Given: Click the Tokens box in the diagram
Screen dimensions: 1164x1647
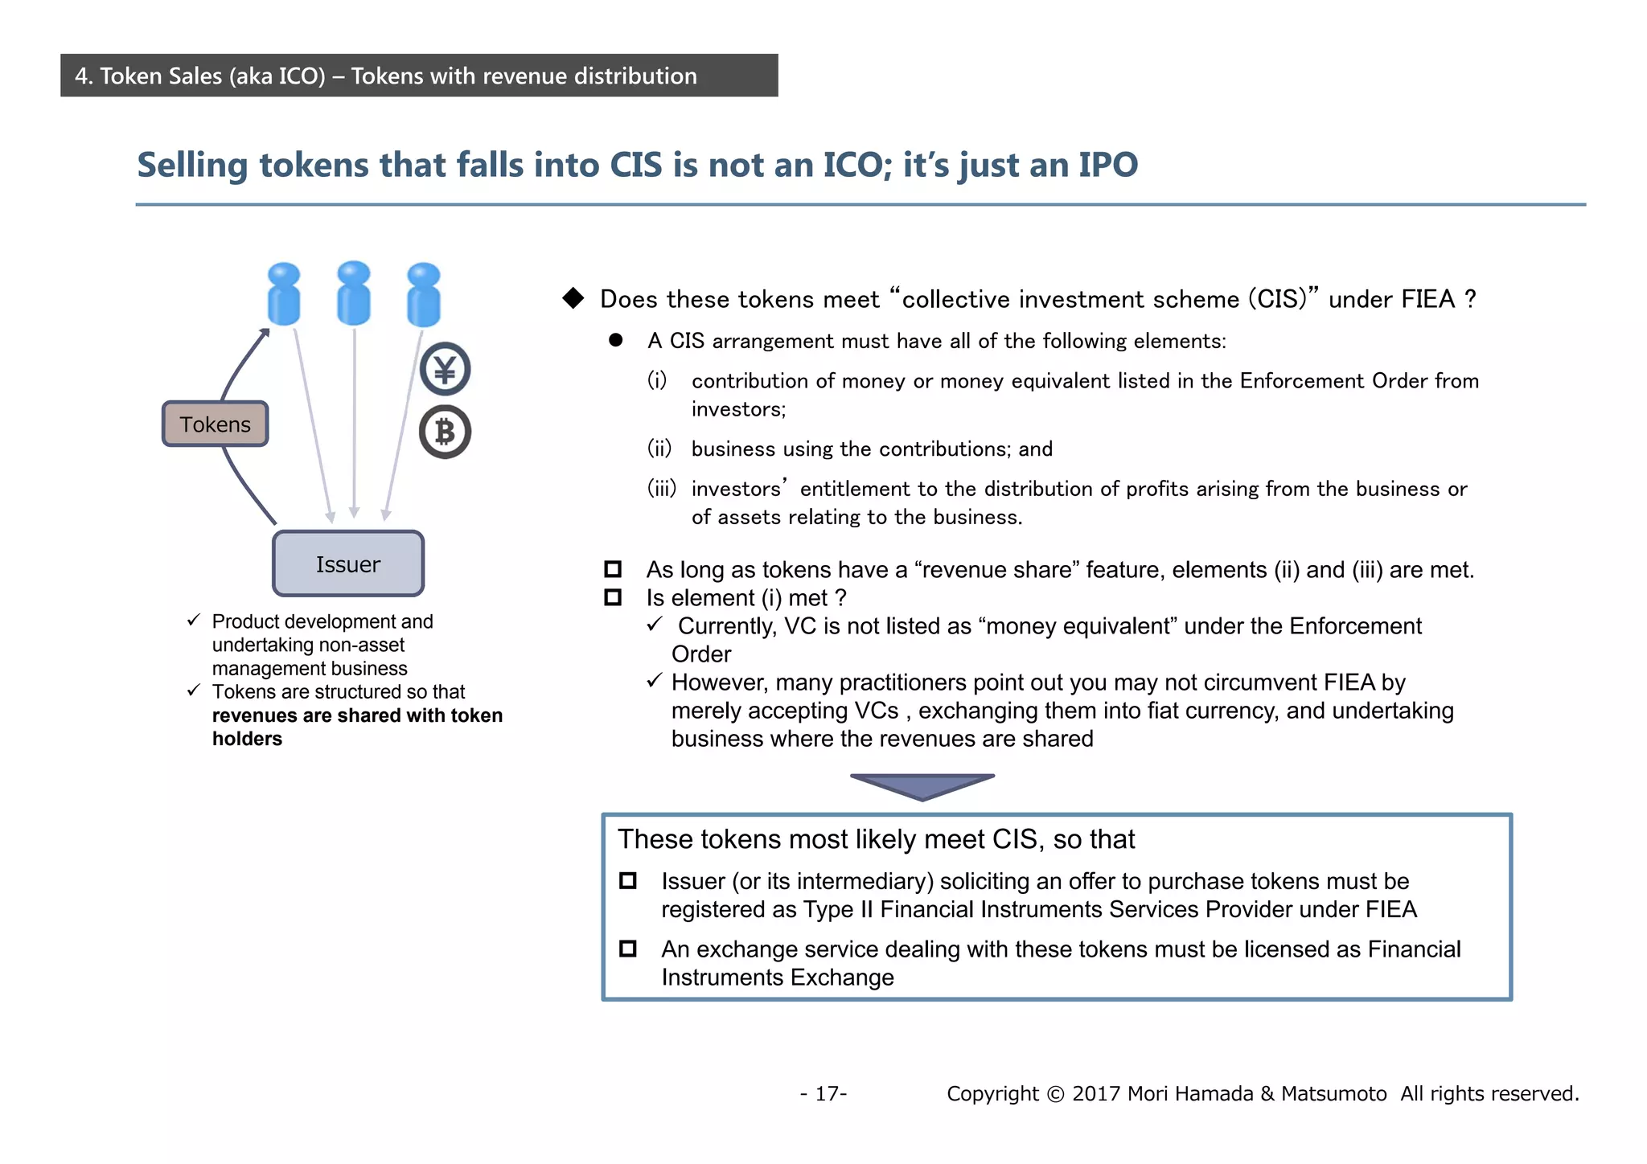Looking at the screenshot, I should [x=215, y=424].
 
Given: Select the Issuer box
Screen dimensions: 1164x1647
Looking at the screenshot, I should [x=347, y=564].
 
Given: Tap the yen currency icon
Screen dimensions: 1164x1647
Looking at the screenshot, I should [x=445, y=369].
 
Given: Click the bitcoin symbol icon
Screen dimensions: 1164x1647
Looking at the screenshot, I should [x=445, y=432].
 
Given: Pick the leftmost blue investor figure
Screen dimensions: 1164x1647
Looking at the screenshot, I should [x=283, y=294].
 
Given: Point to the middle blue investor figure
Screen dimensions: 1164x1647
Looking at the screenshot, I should [x=354, y=293].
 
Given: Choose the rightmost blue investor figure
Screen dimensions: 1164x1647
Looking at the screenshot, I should [x=424, y=295].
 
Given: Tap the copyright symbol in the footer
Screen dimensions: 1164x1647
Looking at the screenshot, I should [x=1055, y=1094].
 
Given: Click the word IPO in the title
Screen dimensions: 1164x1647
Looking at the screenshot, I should [x=1107, y=165].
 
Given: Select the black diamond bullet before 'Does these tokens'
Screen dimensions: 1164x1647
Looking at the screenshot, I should [x=573, y=298].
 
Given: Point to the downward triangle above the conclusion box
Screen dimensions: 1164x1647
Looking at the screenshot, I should [x=922, y=785].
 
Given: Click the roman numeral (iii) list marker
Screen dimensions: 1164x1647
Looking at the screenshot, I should [x=661, y=488].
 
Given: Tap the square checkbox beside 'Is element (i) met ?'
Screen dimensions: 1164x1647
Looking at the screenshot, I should [x=613, y=597].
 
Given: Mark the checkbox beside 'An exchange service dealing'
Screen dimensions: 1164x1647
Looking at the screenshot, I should [x=628, y=949].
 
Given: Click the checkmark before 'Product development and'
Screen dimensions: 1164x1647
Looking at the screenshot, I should [x=194, y=621].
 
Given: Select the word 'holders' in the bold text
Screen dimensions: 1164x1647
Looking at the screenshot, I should [x=247, y=739].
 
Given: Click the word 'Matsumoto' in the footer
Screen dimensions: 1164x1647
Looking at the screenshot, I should [x=1333, y=1094].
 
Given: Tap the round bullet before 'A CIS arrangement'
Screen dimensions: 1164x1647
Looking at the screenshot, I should [x=616, y=340].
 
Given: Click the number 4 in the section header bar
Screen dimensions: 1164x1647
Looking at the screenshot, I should [x=81, y=76].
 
